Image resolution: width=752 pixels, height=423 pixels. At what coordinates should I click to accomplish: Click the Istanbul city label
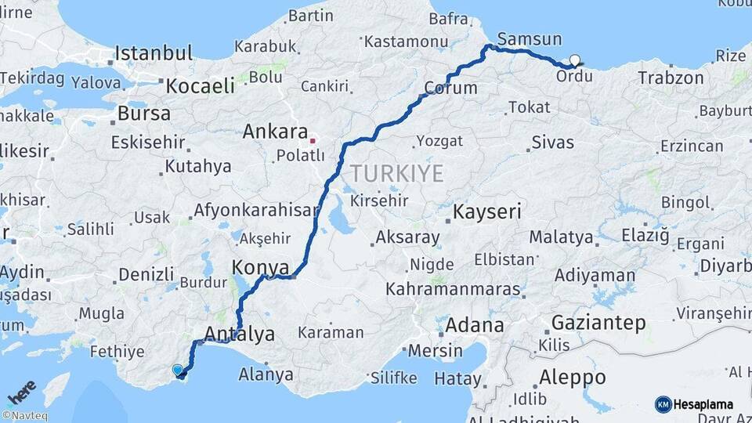click(x=154, y=53)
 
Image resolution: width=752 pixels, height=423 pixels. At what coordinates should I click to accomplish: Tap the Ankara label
click(x=273, y=132)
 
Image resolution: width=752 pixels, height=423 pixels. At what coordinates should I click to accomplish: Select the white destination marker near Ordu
click(x=576, y=60)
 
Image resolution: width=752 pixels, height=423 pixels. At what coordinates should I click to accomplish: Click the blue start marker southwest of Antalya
click(x=178, y=370)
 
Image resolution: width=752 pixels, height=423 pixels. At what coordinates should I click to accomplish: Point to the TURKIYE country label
click(x=396, y=173)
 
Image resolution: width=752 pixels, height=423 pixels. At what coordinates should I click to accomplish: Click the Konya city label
click(x=261, y=268)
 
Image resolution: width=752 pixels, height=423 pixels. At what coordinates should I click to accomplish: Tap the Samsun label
click(x=530, y=39)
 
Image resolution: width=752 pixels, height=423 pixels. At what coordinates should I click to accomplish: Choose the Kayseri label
click(x=487, y=211)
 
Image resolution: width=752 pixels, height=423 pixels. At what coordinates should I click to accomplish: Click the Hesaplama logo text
click(x=703, y=404)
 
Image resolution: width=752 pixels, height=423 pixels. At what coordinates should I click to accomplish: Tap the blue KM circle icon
click(x=663, y=404)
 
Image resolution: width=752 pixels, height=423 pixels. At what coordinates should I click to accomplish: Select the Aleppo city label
click(x=573, y=378)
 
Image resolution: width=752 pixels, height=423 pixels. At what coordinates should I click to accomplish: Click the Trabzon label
click(x=671, y=78)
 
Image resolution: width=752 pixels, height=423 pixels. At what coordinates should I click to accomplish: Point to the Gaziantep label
click(x=598, y=322)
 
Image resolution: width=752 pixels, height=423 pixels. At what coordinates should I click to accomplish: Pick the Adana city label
click(x=475, y=324)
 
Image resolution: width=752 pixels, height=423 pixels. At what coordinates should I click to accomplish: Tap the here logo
click(x=22, y=390)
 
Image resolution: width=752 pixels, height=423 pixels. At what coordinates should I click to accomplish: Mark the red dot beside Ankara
click(x=313, y=141)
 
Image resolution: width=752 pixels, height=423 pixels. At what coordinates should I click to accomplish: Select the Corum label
click(x=450, y=88)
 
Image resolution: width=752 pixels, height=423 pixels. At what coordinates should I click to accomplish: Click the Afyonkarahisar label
click(x=256, y=210)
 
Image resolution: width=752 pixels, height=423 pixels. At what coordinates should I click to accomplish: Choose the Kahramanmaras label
click(x=454, y=289)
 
